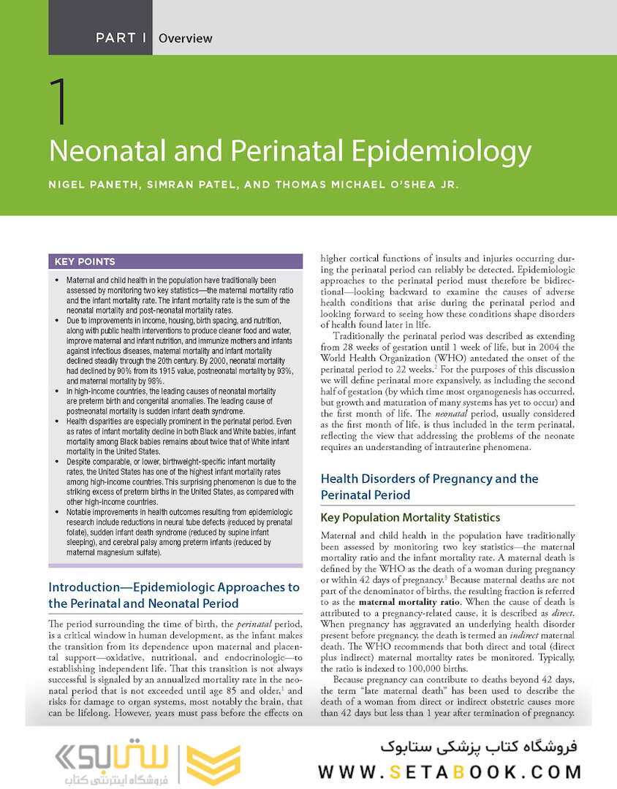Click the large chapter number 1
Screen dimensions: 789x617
(61, 103)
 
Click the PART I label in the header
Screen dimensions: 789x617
(120, 38)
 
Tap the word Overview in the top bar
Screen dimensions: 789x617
(186, 38)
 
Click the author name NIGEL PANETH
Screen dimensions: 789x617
(92, 184)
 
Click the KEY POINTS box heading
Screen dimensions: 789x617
(85, 262)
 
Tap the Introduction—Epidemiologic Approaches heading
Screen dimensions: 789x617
(174, 587)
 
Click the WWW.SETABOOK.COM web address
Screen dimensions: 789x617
(450, 771)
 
